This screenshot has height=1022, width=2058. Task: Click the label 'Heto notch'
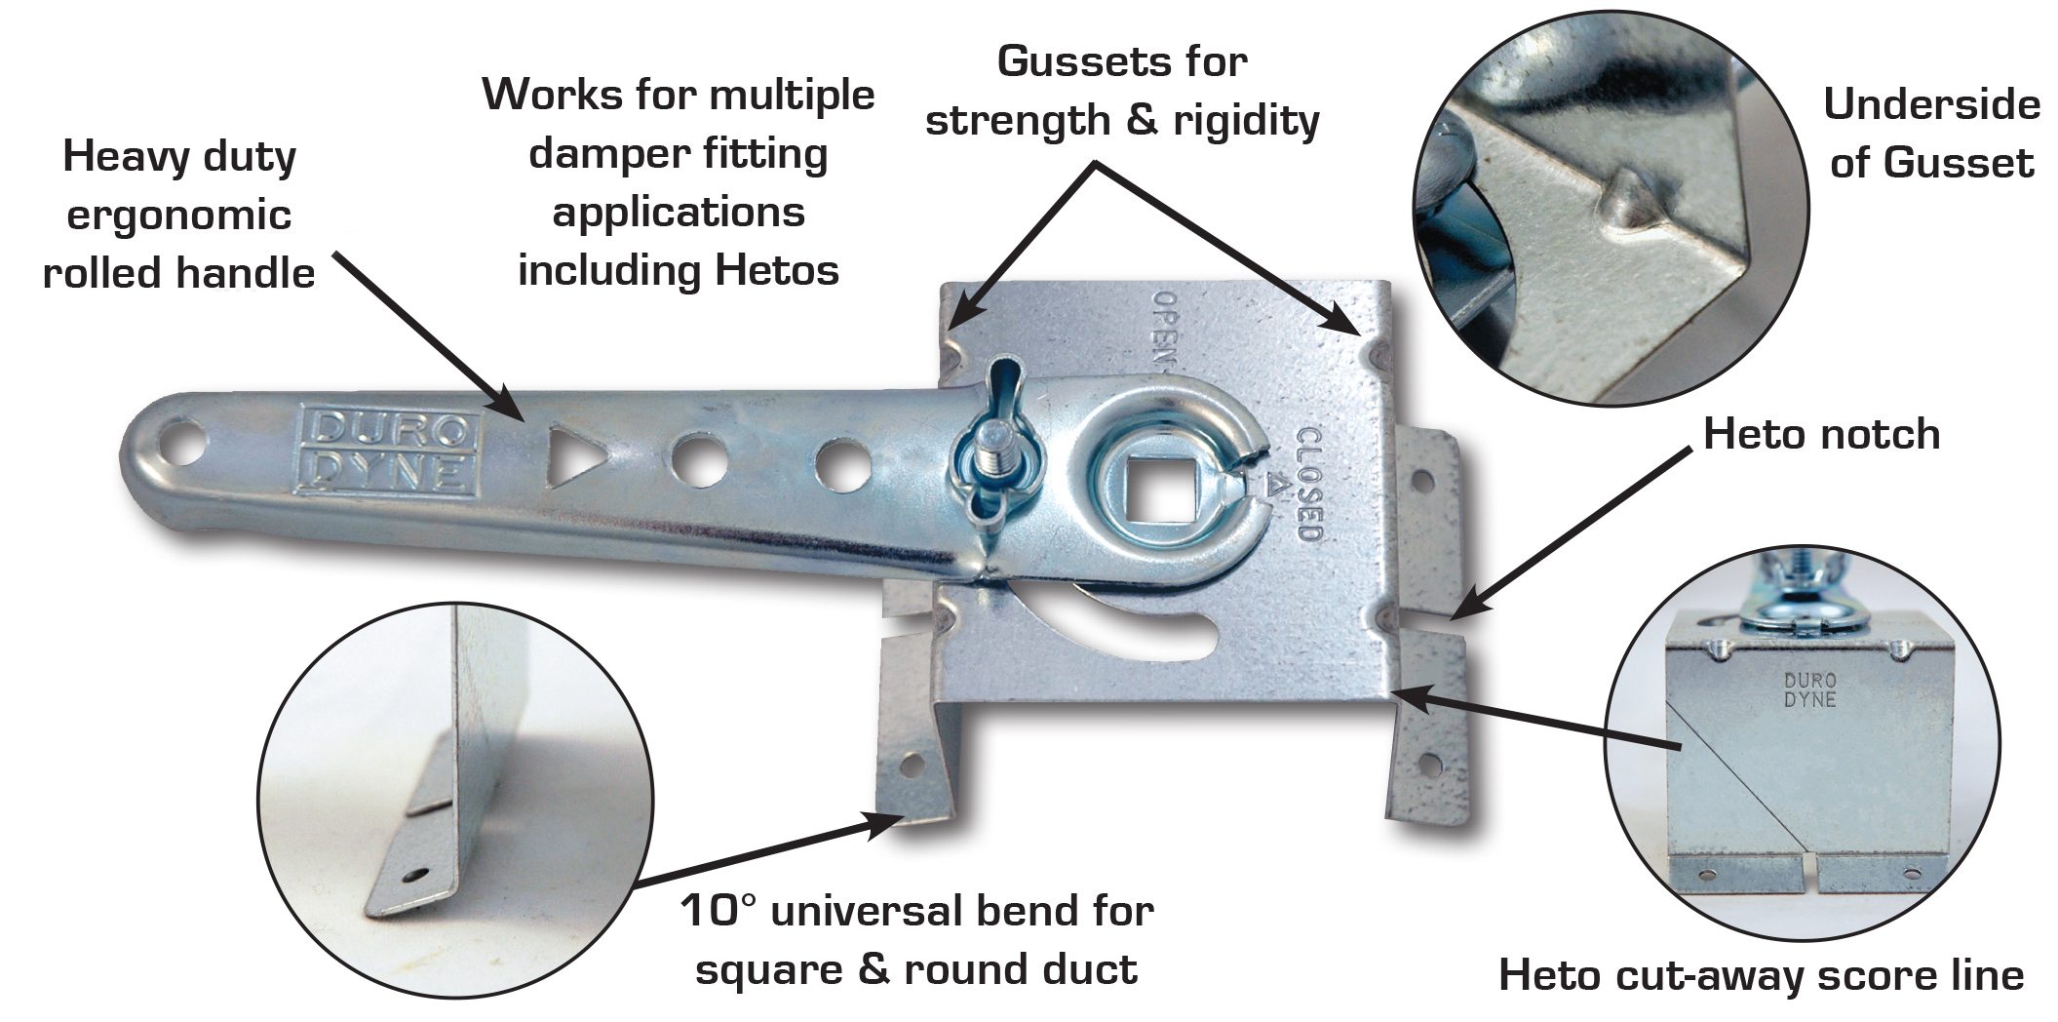[1821, 435]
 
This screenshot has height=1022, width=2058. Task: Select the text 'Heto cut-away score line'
[1761, 975]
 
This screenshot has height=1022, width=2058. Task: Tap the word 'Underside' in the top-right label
[1931, 105]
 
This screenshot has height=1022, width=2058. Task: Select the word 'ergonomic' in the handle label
[179, 216]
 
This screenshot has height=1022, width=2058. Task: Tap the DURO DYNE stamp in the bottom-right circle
[1809, 689]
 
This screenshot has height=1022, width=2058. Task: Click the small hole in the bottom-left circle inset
[418, 874]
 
